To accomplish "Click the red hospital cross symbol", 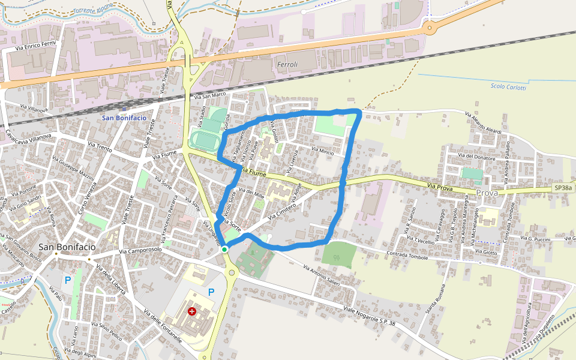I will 192,311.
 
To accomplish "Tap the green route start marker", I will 224,249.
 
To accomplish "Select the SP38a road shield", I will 563,189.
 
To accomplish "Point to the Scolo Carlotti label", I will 508,88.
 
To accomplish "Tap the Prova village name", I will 487,193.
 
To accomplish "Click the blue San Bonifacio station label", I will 124,118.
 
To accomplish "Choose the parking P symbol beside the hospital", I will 211,292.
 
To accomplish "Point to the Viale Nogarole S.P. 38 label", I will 370,316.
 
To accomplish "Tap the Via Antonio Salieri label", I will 322,275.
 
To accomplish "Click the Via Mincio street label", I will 322,150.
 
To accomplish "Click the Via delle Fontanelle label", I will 163,325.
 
